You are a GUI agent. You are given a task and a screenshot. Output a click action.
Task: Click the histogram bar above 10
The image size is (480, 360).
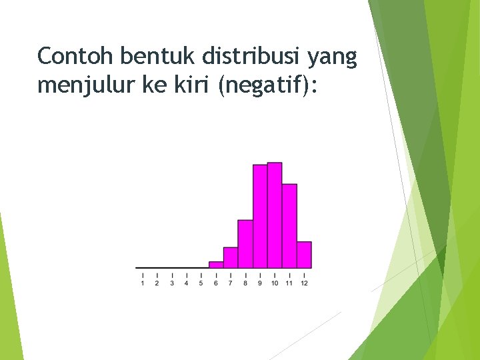[x=275, y=215]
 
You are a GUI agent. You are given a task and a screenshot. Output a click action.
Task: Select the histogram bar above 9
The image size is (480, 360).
[x=260, y=216]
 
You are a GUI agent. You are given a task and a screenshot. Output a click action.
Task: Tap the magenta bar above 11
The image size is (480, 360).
[x=289, y=225]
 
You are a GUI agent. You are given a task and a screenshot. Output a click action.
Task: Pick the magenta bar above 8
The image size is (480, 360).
[x=245, y=243]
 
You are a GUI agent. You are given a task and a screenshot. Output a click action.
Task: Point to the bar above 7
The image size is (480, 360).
[x=231, y=257]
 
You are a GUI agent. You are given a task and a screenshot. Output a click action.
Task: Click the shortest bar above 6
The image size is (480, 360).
[x=216, y=265]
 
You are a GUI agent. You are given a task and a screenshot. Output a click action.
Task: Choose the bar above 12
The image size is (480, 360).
[x=304, y=255]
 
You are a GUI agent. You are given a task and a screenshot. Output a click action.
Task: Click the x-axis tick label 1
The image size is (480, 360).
[x=143, y=283]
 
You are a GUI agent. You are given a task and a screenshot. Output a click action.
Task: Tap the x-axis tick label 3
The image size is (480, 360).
[x=172, y=283]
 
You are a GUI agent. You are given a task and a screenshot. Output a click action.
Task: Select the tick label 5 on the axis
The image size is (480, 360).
[x=201, y=283]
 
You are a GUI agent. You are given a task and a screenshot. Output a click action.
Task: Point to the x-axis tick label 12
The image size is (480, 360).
[x=304, y=283]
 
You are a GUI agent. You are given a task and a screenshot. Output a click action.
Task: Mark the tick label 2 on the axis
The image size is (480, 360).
[x=157, y=283]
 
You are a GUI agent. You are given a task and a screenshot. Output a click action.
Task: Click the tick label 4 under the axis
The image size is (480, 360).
[x=187, y=283]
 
